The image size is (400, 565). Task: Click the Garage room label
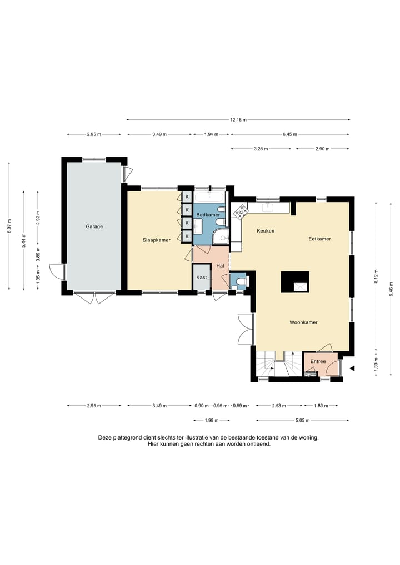(94, 226)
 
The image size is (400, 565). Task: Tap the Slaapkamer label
(157, 240)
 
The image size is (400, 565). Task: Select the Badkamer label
(208, 215)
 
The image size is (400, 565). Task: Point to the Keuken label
(266, 231)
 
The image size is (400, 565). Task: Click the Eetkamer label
(319, 239)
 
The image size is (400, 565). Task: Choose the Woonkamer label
(304, 322)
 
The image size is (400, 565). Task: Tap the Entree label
(318, 361)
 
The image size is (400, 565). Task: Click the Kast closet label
(202, 278)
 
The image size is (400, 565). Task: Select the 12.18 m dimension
(238, 120)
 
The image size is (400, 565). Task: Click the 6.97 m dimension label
(9, 226)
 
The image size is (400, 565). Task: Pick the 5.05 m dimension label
(302, 420)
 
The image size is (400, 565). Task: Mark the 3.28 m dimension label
(261, 149)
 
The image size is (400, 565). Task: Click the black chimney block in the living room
(295, 282)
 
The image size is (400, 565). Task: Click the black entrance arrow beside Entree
(353, 369)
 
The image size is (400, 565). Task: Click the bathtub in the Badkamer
(209, 196)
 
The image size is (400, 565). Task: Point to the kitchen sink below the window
(267, 207)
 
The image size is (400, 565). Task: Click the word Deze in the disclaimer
(105, 438)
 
